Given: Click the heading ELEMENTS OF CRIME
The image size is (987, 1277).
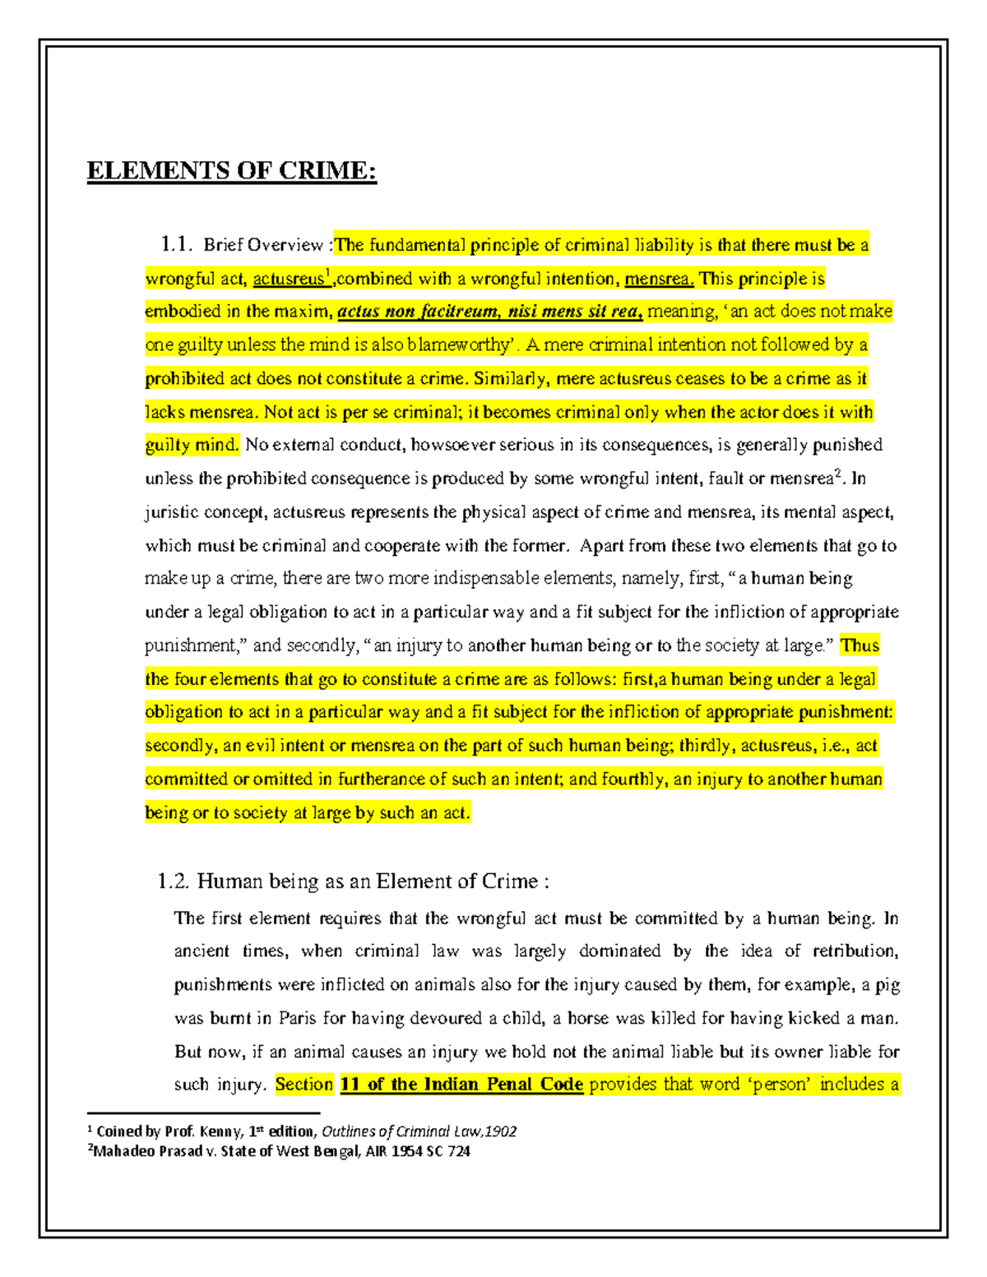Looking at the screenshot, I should (231, 171).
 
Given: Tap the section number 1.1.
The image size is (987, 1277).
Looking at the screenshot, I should (176, 244).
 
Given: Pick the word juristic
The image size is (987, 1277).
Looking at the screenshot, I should (171, 513).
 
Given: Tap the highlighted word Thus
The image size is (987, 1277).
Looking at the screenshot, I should (860, 645).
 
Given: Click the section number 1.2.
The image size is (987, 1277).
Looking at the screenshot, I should (173, 881).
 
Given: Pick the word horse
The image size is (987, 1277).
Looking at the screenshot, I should (588, 1018).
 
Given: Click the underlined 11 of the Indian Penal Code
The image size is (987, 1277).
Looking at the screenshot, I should (461, 1085).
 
